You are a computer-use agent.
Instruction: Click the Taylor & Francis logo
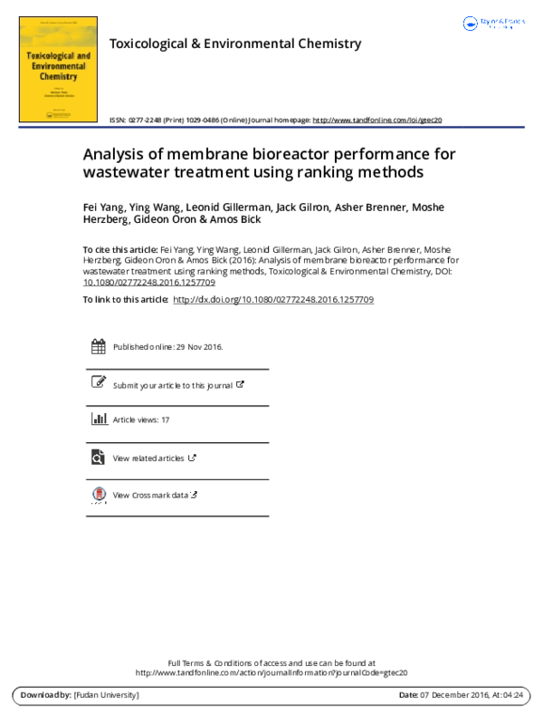[x=494, y=24]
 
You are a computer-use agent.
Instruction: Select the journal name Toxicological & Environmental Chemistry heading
[x=234, y=43]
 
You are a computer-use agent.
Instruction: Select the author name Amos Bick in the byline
[x=237, y=219]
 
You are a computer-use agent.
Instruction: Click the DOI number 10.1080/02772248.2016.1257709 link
[x=148, y=283]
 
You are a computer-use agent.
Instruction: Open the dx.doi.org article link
[x=272, y=299]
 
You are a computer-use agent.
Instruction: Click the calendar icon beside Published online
[x=99, y=347]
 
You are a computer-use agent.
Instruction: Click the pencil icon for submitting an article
[x=99, y=383]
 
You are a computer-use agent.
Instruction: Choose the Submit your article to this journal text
[x=172, y=385]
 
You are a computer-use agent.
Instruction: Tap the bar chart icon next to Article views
[x=99, y=420]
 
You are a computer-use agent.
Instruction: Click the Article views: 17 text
[x=141, y=420]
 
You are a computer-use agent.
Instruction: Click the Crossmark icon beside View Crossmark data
[x=99, y=495]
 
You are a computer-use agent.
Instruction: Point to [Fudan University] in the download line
[x=106, y=695]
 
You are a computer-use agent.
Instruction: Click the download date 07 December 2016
[x=452, y=695]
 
